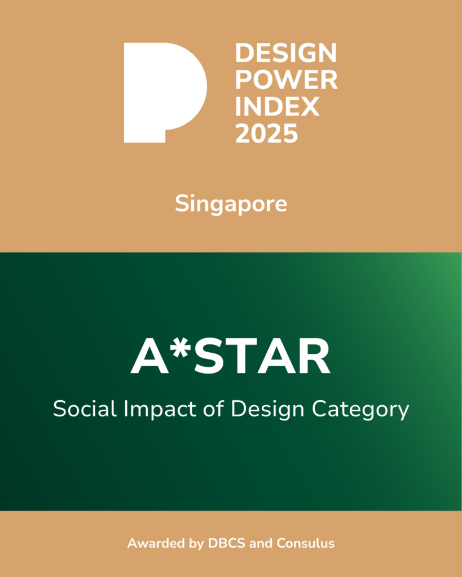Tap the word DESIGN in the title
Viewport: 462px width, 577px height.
(285, 54)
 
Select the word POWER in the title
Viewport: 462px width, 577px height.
(286, 81)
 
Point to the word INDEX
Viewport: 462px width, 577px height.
(278, 107)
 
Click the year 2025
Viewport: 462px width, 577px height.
(266, 134)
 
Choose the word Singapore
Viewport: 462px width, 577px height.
(231, 204)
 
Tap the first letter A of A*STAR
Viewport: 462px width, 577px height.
(146, 359)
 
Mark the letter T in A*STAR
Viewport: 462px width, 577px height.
(238, 359)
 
